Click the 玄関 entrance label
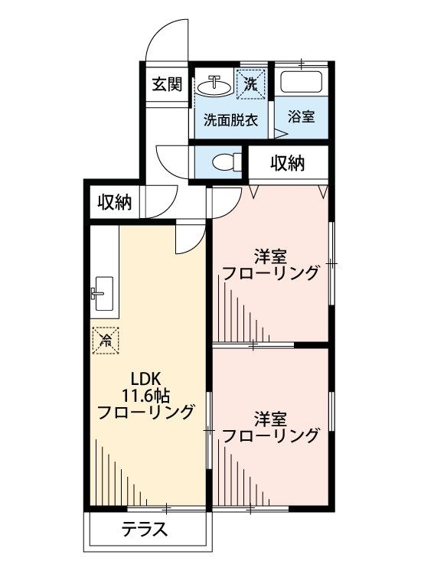[x=166, y=84]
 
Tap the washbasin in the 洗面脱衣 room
[x=214, y=84]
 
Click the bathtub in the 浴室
[x=301, y=83]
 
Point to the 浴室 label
[x=302, y=119]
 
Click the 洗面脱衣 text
[x=230, y=120]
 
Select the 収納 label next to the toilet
[x=288, y=162]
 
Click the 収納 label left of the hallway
[x=114, y=203]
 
